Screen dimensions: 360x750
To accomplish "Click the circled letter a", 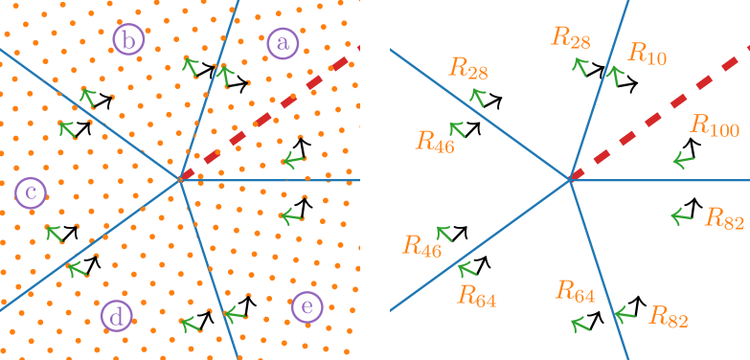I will tap(282, 43).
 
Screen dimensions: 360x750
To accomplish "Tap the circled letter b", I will tap(128, 40).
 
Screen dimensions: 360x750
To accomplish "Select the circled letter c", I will tap(31, 194).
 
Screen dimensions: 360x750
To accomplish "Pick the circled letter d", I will tap(116, 316).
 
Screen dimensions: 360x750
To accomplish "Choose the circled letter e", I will tap(307, 306).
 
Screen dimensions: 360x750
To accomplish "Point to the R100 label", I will tap(715, 125).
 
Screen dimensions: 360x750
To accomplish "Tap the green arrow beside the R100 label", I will tap(682, 160).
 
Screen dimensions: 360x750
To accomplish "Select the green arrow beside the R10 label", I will tap(615, 74).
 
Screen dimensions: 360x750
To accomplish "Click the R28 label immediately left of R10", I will tap(571, 38).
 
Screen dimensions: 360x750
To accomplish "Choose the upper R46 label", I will tap(435, 142).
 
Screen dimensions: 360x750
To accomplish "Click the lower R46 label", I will tap(421, 246).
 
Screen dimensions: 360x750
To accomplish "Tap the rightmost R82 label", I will tap(724, 218).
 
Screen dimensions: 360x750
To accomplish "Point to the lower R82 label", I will tap(669, 317).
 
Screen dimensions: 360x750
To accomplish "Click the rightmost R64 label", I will tap(576, 291).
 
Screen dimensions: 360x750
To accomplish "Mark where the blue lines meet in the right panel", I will tap(570, 179).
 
